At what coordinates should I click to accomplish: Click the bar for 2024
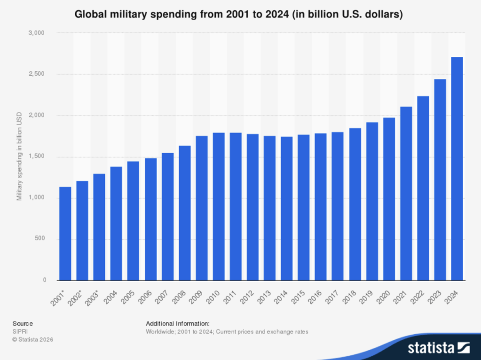point(457,169)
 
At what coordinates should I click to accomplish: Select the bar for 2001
point(65,234)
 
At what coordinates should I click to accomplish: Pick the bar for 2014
point(287,209)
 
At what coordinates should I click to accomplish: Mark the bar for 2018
point(355,204)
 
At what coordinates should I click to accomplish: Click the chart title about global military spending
point(239,15)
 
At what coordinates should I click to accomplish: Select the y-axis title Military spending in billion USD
point(19,157)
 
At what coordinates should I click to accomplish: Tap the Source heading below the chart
point(23,323)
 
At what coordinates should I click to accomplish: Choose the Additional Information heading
point(177,323)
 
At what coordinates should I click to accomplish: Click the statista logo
point(439,348)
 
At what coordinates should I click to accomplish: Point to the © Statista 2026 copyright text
point(33,339)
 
